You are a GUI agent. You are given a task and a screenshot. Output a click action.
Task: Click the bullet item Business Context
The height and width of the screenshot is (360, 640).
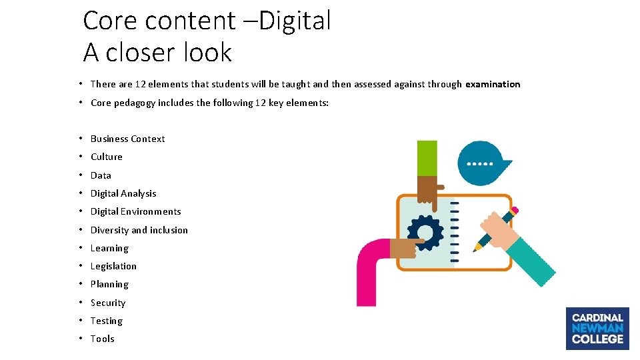coord(127,139)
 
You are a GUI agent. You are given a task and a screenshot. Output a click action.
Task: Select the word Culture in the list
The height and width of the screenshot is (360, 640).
coord(107,157)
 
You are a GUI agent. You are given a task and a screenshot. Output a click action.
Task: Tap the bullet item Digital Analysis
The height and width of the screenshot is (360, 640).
coord(123,193)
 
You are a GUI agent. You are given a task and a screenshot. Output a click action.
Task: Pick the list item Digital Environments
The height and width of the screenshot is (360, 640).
coord(135,211)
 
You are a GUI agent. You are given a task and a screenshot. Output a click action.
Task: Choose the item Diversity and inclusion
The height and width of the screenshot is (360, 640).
coord(139,230)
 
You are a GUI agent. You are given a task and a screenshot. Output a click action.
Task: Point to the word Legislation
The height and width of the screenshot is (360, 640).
coord(113,266)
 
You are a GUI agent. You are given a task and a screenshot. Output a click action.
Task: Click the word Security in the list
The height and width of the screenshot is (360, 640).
coord(108,303)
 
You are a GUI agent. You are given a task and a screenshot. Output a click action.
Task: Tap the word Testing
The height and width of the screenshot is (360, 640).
coord(107,321)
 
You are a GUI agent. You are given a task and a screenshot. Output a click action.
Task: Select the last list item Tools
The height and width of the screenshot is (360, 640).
coord(103,339)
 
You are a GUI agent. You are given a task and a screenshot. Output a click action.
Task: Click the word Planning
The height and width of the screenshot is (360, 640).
coord(109,284)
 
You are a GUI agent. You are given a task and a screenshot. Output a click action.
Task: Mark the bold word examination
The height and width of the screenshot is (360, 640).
coord(493,84)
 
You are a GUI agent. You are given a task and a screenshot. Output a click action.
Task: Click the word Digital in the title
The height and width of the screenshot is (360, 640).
coord(295,21)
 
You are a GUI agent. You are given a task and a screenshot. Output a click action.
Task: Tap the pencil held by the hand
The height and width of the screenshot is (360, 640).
coord(494,230)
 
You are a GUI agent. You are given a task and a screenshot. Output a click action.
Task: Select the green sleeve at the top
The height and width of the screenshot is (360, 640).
coord(427,158)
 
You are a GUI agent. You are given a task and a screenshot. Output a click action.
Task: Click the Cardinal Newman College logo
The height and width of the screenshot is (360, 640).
coord(597,328)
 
